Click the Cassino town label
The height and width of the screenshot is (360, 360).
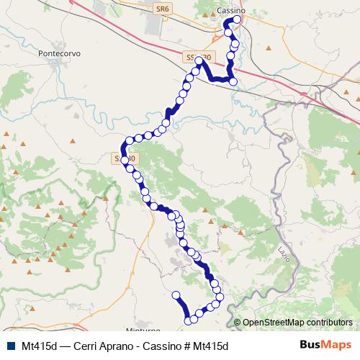point(231,10)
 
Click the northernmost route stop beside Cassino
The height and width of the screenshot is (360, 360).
point(236,19)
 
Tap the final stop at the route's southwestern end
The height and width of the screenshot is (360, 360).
point(176,294)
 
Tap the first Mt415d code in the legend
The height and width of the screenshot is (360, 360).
point(40,345)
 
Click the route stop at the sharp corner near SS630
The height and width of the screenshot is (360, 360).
point(199,61)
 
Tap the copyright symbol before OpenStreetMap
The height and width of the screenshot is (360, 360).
point(238,323)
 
